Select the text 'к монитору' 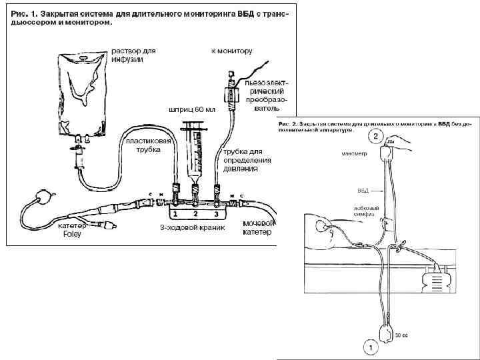pos(232,51)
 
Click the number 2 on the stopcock pos(195,215)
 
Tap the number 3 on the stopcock pos(215,215)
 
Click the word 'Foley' pos(71,234)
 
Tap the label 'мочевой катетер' pos(258,227)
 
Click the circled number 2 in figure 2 pos(376,137)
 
